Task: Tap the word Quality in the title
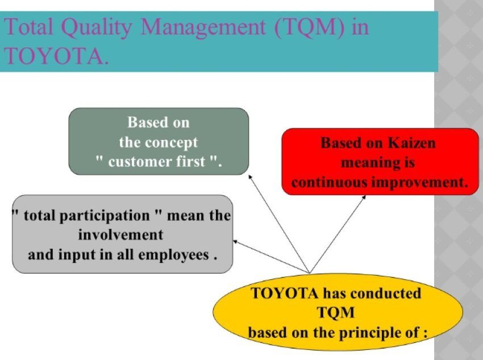(x=97, y=27)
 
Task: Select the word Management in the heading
(x=203, y=27)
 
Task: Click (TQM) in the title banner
(x=310, y=27)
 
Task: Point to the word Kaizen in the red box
(x=411, y=143)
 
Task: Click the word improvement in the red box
(x=420, y=183)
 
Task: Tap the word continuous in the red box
(x=329, y=183)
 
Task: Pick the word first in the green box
(x=191, y=162)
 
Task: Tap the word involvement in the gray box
(x=120, y=235)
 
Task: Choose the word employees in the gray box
(x=174, y=255)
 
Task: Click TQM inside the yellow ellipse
(x=336, y=313)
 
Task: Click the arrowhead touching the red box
(x=364, y=197)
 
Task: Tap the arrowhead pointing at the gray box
(x=235, y=241)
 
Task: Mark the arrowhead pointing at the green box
(x=250, y=177)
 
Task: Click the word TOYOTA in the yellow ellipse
(x=284, y=293)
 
